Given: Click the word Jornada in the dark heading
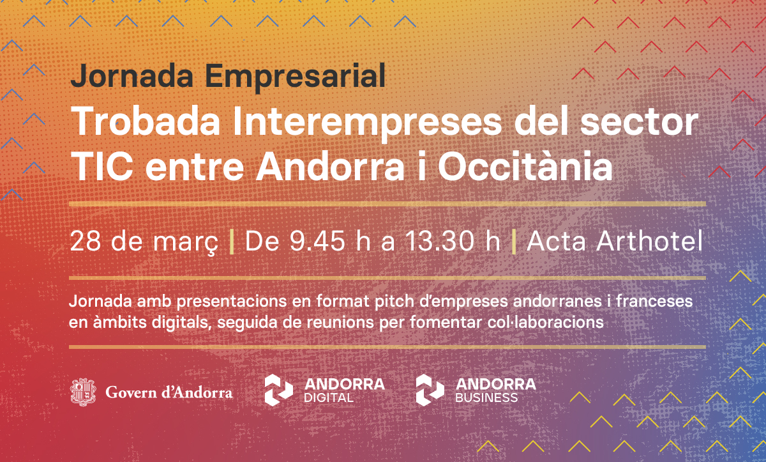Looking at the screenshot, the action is pyautogui.click(x=131, y=76).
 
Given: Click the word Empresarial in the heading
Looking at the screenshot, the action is pyautogui.click(x=295, y=76).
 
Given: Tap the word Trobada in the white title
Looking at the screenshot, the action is pyautogui.click(x=146, y=121).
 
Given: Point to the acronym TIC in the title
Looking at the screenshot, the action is pyautogui.click(x=102, y=166).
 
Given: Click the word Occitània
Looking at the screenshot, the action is pyautogui.click(x=525, y=166).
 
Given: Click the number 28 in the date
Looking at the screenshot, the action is pyautogui.click(x=85, y=242).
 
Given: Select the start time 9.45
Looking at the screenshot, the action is pyautogui.click(x=317, y=242).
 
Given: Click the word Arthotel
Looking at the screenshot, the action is pyautogui.click(x=649, y=241).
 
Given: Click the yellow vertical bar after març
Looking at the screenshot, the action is pyautogui.click(x=232, y=242).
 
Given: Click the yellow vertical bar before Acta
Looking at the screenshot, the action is pyautogui.click(x=514, y=242).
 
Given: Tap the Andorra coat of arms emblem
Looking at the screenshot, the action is pyautogui.click(x=83, y=392).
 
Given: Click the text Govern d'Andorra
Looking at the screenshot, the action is pyautogui.click(x=169, y=392).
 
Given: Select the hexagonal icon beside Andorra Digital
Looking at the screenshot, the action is pyautogui.click(x=279, y=390).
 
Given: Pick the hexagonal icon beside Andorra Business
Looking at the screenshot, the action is pyautogui.click(x=430, y=390).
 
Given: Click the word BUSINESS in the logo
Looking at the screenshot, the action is pyautogui.click(x=486, y=398).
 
